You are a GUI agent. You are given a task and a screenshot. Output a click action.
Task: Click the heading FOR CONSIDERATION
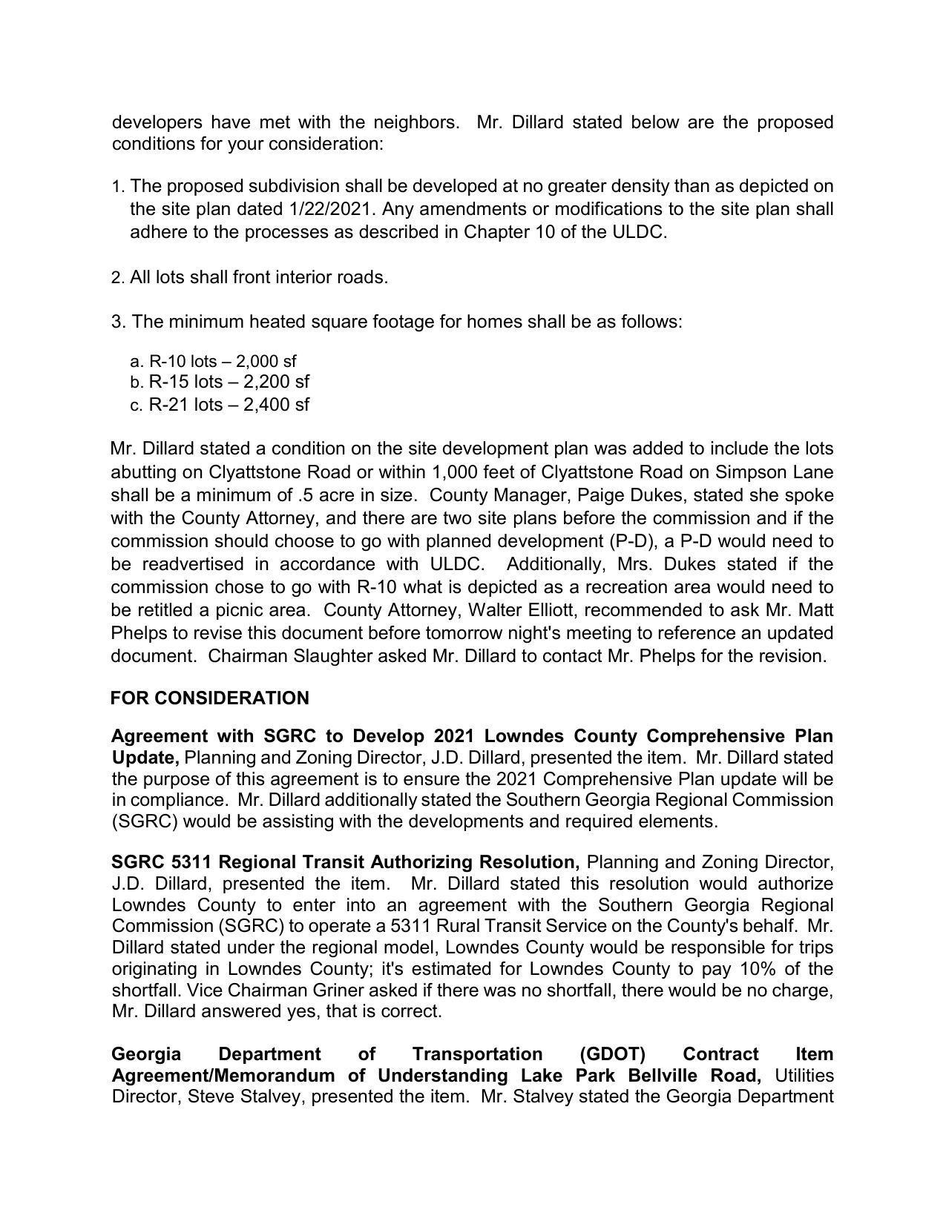click(210, 698)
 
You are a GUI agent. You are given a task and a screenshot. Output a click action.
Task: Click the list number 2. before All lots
click(118, 278)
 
